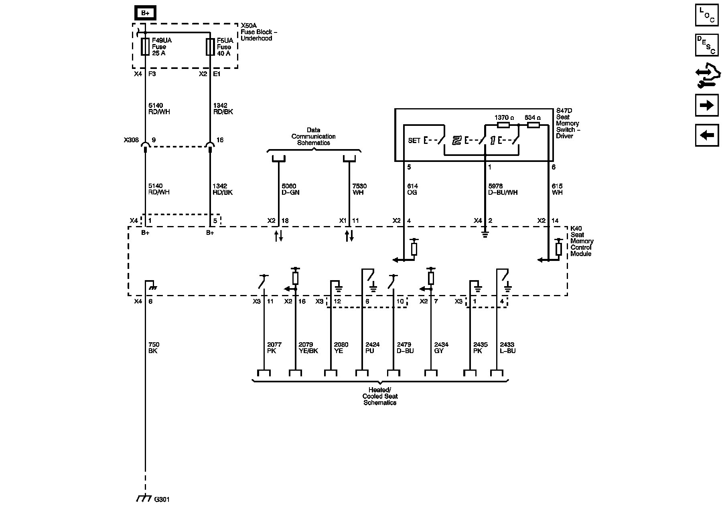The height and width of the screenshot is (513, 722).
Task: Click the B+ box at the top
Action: coord(145,13)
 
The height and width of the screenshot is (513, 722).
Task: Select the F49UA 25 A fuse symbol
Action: coord(145,46)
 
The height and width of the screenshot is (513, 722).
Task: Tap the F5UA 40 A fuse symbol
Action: coord(210,46)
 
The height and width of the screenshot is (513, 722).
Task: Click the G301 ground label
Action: coord(162,499)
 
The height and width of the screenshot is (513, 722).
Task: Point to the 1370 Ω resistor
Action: coord(503,125)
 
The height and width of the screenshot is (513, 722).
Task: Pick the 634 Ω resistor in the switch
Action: coord(533,125)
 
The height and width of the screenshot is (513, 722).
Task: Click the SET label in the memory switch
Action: coord(414,141)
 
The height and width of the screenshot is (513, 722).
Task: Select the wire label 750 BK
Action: coord(153,347)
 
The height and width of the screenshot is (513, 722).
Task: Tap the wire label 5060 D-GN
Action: coord(290,189)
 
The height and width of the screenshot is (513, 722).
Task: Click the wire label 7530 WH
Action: coord(359,189)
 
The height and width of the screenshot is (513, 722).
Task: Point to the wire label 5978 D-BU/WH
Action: coord(503,189)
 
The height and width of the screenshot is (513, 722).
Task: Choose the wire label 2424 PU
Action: coord(372,347)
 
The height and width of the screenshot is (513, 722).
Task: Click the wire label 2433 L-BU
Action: coord(507,347)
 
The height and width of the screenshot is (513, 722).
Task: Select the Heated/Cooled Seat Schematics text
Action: coord(380,396)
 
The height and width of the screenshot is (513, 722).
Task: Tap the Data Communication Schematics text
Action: coord(313,136)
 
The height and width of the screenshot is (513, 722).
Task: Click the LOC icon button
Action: coord(707,15)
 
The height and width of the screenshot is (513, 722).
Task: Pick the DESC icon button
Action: coord(707,45)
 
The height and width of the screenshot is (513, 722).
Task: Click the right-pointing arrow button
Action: coord(707,105)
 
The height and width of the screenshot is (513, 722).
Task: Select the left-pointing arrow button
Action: coord(707,135)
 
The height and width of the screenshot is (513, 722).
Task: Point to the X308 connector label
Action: coord(131,140)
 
